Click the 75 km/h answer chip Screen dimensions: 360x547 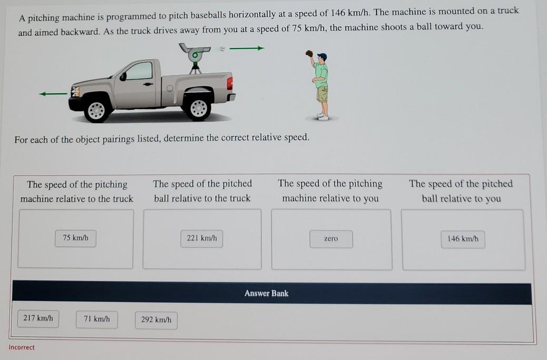pos(75,238)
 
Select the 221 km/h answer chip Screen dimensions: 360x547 pos(202,238)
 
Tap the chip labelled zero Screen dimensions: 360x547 pos(331,239)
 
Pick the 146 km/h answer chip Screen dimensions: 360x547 pos(463,239)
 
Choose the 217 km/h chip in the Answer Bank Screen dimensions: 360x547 pos(38,318)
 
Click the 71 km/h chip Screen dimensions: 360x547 pos(96,319)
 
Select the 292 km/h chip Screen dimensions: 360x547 pos(156,319)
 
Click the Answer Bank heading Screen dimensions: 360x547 pos(266,293)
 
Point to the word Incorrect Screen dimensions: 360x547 pos(22,347)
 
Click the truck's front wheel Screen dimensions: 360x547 pos(97,110)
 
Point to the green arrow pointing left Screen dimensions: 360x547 pos(53,94)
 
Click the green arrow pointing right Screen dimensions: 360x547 pos(247,49)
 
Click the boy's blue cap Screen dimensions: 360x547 pos(323,56)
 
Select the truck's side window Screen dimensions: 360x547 pos(140,71)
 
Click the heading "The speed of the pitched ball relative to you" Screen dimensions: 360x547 pos(461,191)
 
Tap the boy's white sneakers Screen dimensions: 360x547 pos(323,115)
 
